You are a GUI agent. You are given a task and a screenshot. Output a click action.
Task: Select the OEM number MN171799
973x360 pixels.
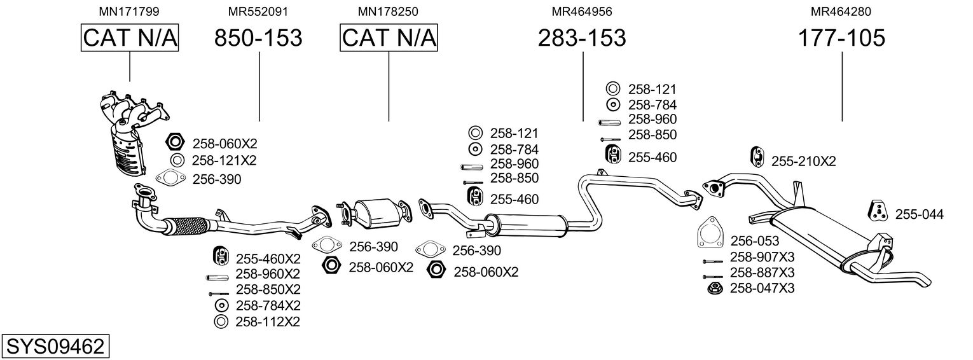coord(129,11)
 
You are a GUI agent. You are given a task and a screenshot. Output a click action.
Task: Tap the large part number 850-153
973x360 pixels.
coord(258,38)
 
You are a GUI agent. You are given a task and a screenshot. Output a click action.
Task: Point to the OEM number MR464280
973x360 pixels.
coord(841,11)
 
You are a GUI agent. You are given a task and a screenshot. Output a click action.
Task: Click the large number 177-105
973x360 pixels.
coord(841,38)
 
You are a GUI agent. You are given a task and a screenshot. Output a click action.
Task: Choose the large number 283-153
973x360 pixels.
coord(582,38)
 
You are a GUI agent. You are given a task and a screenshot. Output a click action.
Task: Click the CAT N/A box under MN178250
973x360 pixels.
coord(389,38)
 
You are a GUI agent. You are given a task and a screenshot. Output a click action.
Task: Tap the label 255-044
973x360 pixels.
coord(919,215)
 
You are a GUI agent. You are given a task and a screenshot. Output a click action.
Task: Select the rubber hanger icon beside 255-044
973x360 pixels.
coord(877,211)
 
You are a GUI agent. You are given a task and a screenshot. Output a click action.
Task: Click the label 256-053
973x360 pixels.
coord(754,240)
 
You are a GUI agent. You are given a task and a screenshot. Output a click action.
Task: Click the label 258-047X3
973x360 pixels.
coord(762,288)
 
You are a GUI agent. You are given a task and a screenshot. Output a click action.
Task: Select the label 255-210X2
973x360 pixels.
coord(803,162)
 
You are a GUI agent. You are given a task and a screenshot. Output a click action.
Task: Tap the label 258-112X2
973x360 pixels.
coord(267,322)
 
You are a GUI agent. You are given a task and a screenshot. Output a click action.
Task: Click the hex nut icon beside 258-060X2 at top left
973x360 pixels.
coord(176,142)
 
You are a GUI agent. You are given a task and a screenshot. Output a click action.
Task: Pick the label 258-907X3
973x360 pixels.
coord(762,256)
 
